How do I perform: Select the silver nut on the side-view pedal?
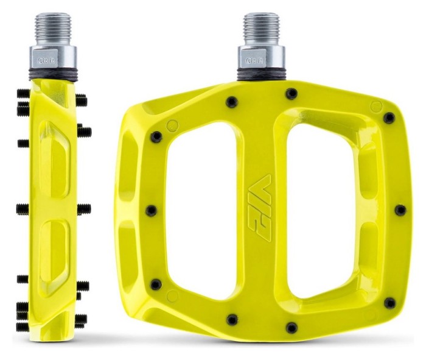pyautogui.click(x=54, y=62)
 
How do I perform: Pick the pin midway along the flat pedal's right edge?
pyautogui.click(x=400, y=210)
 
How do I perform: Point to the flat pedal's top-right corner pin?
pyautogui.click(x=389, y=118)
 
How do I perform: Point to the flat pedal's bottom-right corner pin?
pyautogui.click(x=389, y=303)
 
